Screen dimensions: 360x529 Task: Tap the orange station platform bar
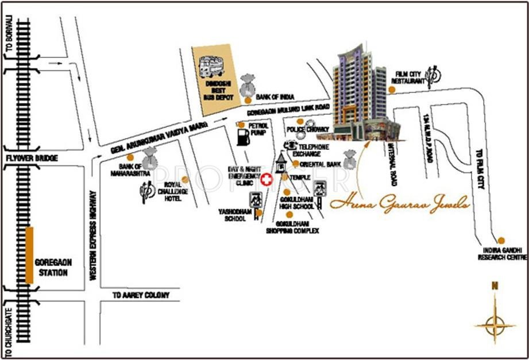pyautogui.click(x=29, y=255)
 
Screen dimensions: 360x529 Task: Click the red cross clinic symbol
pyautogui.click(x=267, y=180)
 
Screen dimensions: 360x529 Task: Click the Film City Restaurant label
pyautogui.click(x=409, y=78)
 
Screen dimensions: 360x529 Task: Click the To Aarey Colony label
pyautogui.click(x=142, y=295)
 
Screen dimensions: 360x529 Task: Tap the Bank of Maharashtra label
pyautogui.click(x=132, y=169)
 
